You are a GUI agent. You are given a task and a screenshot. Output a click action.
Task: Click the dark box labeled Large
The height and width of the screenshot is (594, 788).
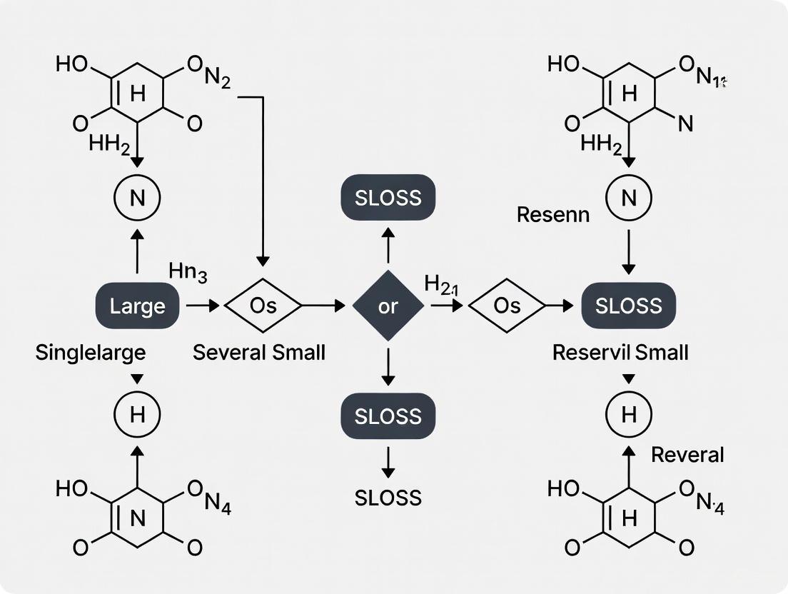[137, 306]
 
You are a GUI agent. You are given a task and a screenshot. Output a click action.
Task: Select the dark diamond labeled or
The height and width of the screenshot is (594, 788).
[388, 306]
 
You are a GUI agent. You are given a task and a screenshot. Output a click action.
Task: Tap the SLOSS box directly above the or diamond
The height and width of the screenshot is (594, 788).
[388, 198]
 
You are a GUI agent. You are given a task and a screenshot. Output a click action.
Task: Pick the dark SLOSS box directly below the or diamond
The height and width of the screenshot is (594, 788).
[388, 416]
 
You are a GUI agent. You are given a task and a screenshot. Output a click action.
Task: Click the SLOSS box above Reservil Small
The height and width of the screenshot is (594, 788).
[628, 306]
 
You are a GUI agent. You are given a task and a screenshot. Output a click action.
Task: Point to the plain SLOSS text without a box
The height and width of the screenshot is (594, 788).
[388, 498]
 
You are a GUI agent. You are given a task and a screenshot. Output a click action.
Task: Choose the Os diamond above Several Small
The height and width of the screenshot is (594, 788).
[263, 306]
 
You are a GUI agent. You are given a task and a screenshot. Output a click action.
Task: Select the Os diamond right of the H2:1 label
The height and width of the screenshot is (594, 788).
[507, 306]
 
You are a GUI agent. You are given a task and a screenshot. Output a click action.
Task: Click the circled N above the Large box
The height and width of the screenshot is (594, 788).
[137, 198]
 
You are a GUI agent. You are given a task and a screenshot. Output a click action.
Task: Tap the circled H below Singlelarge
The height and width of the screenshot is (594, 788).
[137, 415]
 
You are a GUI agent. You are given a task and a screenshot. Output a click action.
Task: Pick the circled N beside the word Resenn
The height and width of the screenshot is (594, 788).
[628, 198]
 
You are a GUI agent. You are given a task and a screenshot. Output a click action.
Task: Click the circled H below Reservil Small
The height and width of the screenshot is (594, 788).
[628, 415]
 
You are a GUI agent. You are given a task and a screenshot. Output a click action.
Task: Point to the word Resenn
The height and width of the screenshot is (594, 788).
[553, 214]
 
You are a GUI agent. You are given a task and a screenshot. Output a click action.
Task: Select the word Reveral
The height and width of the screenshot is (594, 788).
[687, 455]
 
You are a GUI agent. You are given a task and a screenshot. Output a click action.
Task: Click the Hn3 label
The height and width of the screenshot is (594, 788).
[188, 271]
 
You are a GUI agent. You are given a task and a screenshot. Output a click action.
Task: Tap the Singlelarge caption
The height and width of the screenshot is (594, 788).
[91, 352]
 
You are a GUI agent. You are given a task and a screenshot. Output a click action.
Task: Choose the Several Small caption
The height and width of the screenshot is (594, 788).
[259, 352]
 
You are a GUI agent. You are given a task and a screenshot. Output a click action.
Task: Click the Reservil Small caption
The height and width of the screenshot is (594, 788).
[620, 352]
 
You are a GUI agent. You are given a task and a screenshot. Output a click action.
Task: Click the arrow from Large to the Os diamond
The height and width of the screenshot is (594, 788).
[203, 306]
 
